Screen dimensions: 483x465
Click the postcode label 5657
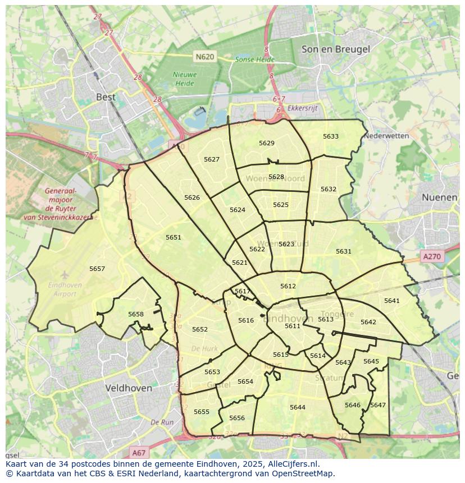click(97, 269)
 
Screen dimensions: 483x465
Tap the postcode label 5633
click(331, 136)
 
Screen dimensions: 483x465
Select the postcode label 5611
click(293, 326)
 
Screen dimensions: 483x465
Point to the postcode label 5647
click(378, 405)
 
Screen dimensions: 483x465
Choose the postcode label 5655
click(202, 412)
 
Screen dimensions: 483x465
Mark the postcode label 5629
click(267, 143)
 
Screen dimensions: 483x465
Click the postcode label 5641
click(392, 301)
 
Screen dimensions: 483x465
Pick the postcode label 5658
click(136, 314)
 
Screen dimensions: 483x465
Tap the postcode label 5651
click(174, 237)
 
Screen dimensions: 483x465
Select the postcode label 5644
click(298, 407)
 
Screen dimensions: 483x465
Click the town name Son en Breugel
click(336, 49)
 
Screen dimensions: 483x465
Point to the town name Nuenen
click(439, 197)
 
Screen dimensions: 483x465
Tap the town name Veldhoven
click(129, 388)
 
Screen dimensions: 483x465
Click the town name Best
click(106, 96)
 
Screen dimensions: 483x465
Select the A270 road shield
click(432, 256)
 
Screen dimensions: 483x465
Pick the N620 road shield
click(205, 56)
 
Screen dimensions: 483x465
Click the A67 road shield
click(139, 452)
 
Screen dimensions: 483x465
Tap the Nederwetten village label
click(386, 136)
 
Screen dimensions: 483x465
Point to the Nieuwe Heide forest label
click(184, 79)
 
